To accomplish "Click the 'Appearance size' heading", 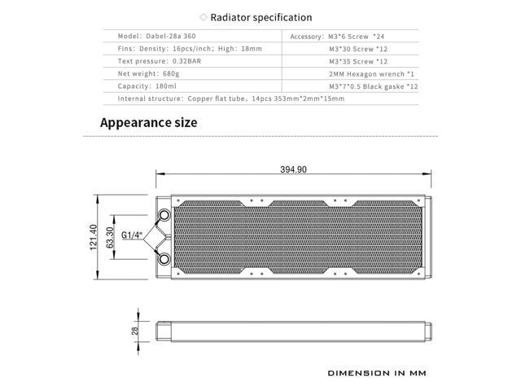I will pyautogui.click(x=148, y=123).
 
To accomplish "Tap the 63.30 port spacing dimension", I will pyautogui.click(x=110, y=237).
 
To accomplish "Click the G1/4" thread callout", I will pyautogui.click(x=132, y=236).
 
